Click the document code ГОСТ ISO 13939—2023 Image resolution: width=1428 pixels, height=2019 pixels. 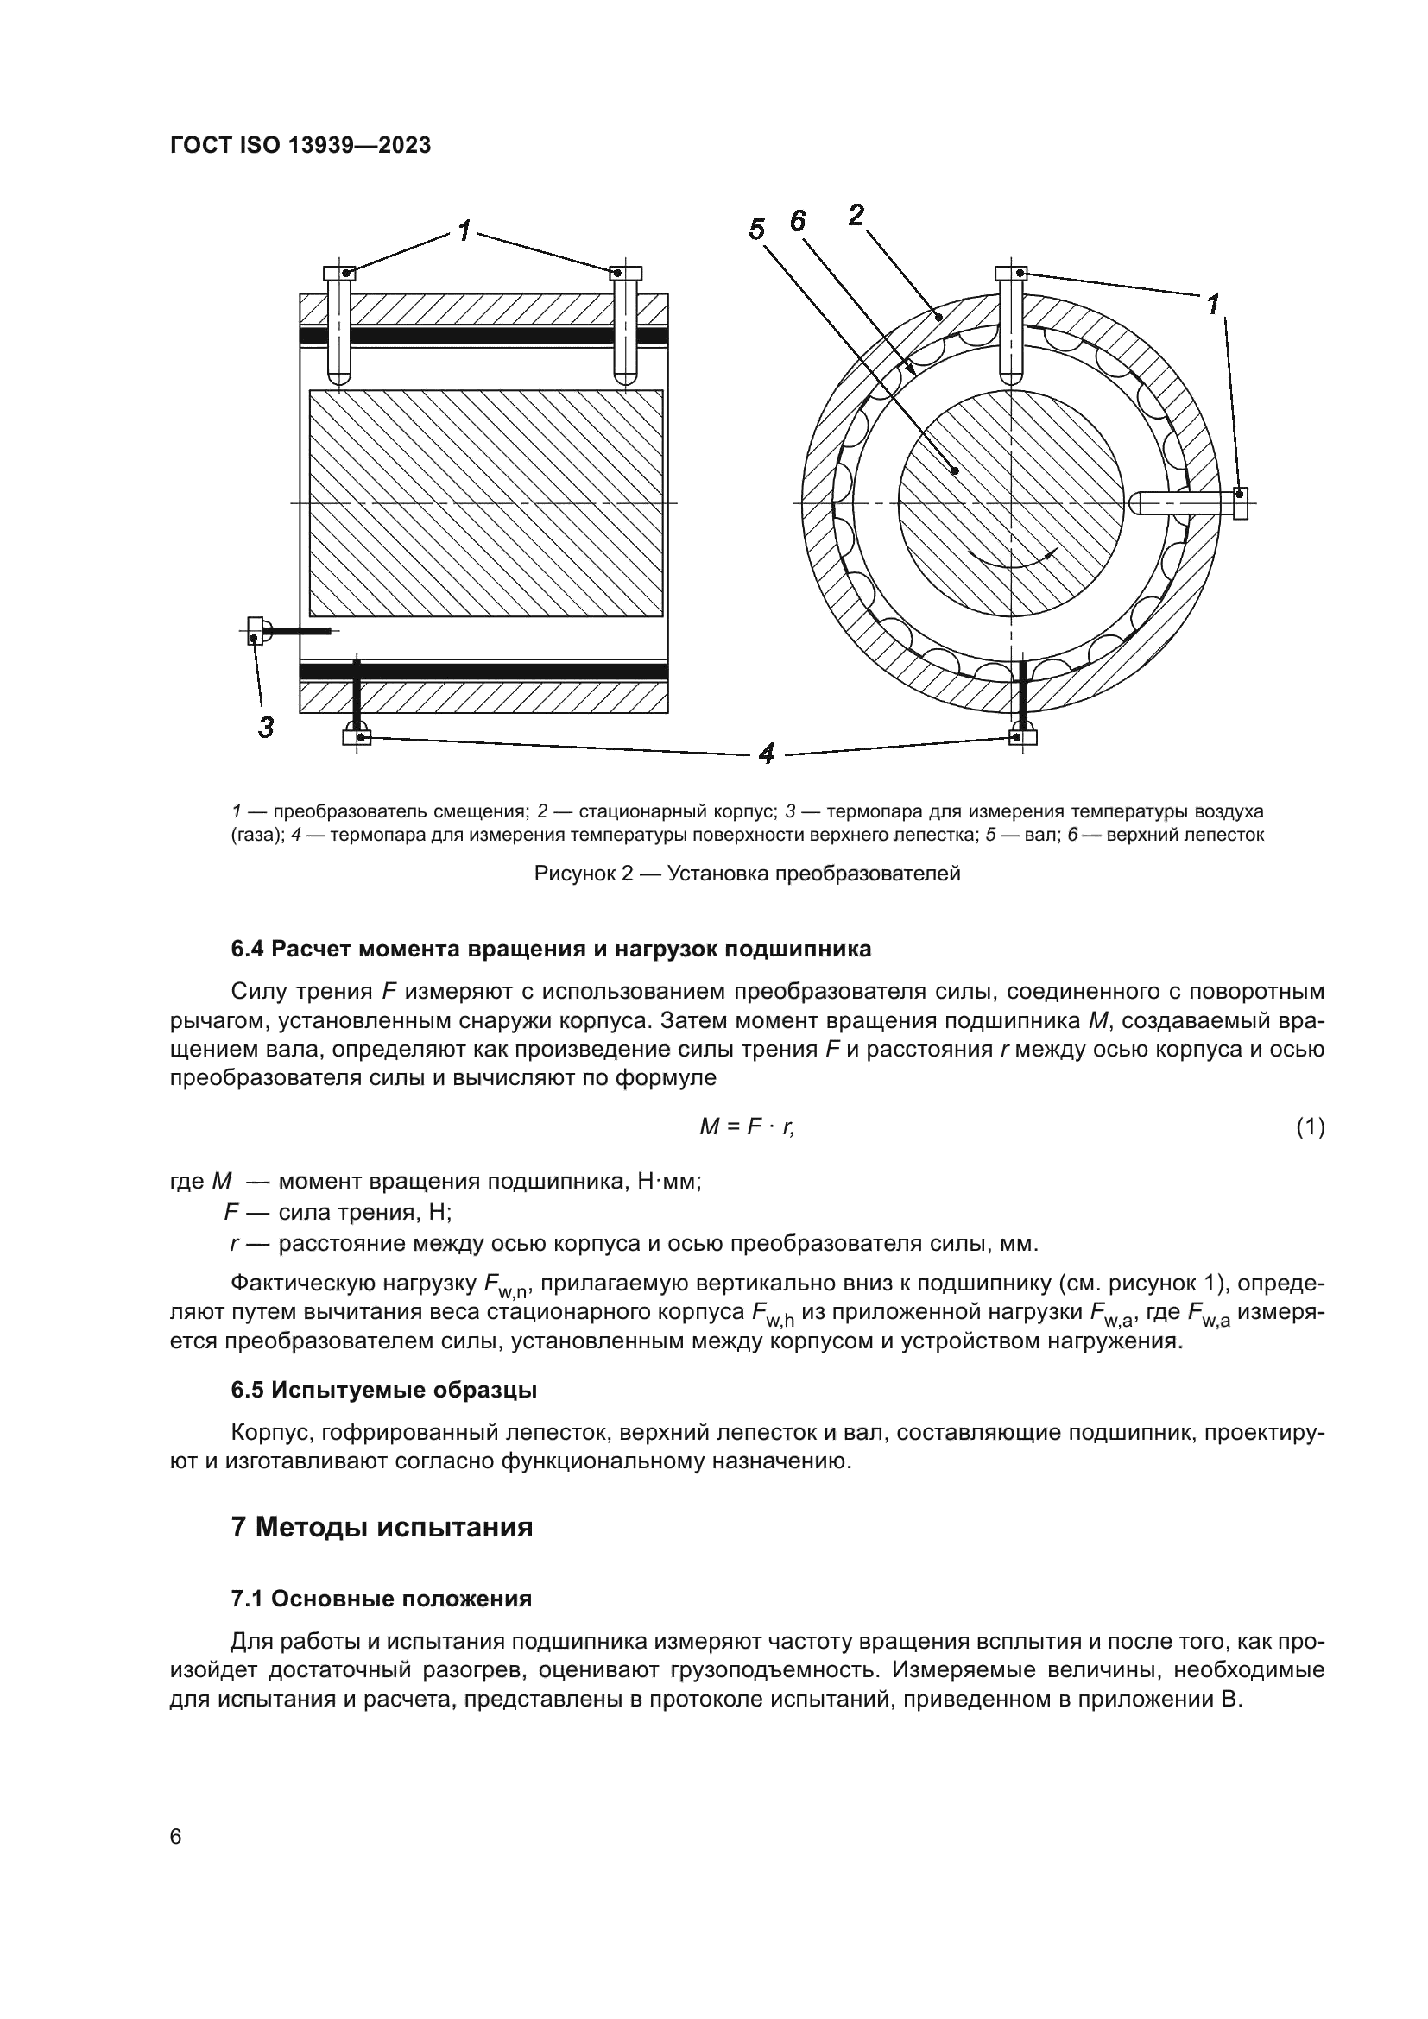pyautogui.click(x=300, y=146)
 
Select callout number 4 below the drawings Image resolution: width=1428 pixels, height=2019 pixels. pyautogui.click(x=766, y=754)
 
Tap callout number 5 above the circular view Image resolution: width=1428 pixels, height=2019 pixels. pyautogui.click(x=756, y=230)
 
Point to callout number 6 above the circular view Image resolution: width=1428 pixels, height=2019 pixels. pyautogui.click(x=797, y=222)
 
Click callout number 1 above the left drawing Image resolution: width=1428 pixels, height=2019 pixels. pyautogui.click(x=465, y=231)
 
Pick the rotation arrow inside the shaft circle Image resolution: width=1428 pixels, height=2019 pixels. pyautogui.click(x=1011, y=561)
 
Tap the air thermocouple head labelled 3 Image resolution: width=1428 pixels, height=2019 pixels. pyautogui.click(x=256, y=629)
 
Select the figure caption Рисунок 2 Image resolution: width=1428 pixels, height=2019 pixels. pyautogui.click(x=747, y=874)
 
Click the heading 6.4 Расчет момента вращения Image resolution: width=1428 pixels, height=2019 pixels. pyautogui.click(x=552, y=949)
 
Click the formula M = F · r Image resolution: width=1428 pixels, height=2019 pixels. pyautogui.click(x=747, y=1126)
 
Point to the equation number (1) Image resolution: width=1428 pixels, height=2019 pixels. pyautogui.click(x=1310, y=1126)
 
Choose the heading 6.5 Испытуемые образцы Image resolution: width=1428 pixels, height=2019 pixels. pyautogui.click(x=384, y=1391)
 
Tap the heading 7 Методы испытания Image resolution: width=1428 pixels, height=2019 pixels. pyautogui.click(x=382, y=1528)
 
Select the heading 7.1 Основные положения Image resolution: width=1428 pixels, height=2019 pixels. pyautogui.click(x=382, y=1599)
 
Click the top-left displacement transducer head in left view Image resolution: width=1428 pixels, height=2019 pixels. pyautogui.click(x=339, y=274)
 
